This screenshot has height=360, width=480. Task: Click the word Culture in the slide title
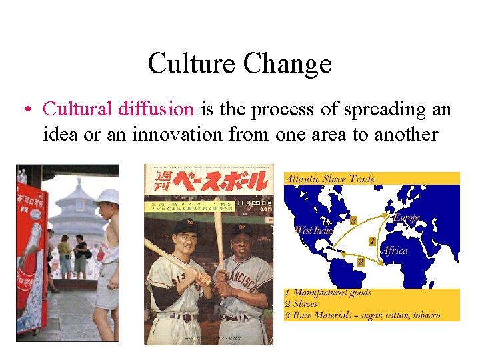click(191, 64)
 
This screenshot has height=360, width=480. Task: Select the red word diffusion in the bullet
click(157, 109)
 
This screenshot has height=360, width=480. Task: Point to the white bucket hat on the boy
click(107, 196)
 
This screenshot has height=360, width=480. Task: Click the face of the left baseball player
click(188, 237)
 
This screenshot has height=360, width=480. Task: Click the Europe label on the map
click(406, 218)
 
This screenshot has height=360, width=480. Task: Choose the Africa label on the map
click(395, 251)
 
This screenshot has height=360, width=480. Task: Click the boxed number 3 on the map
click(354, 219)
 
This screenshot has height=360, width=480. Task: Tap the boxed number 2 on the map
click(360, 262)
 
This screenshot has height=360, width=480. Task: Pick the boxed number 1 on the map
click(371, 241)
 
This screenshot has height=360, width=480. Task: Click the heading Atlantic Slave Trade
click(329, 179)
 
